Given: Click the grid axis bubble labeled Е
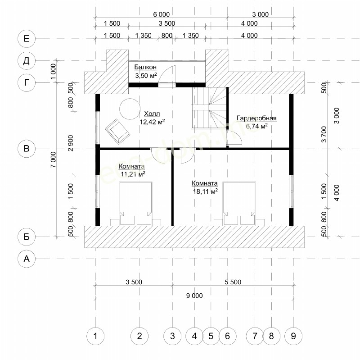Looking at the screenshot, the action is (27, 39).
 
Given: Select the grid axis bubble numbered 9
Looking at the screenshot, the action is (293, 336).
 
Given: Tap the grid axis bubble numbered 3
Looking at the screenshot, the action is (172, 336).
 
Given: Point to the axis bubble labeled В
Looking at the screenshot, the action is (27, 149).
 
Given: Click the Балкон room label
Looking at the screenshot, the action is (145, 67).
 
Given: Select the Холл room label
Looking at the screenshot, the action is (152, 114).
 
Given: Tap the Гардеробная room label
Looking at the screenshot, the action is (256, 118).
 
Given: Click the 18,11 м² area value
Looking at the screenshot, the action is (206, 191).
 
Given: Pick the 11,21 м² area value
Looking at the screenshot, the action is (133, 174).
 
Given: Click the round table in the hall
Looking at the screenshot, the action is (130, 109).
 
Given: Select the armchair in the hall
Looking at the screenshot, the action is (118, 132).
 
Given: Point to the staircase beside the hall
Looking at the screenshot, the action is (209, 108).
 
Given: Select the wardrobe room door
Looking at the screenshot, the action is (234, 137).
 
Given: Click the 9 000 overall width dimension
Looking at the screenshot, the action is (194, 296).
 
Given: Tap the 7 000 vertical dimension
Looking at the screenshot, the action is (53, 159).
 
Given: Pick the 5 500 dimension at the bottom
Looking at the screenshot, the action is (233, 282).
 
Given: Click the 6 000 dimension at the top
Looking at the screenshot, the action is (162, 14).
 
